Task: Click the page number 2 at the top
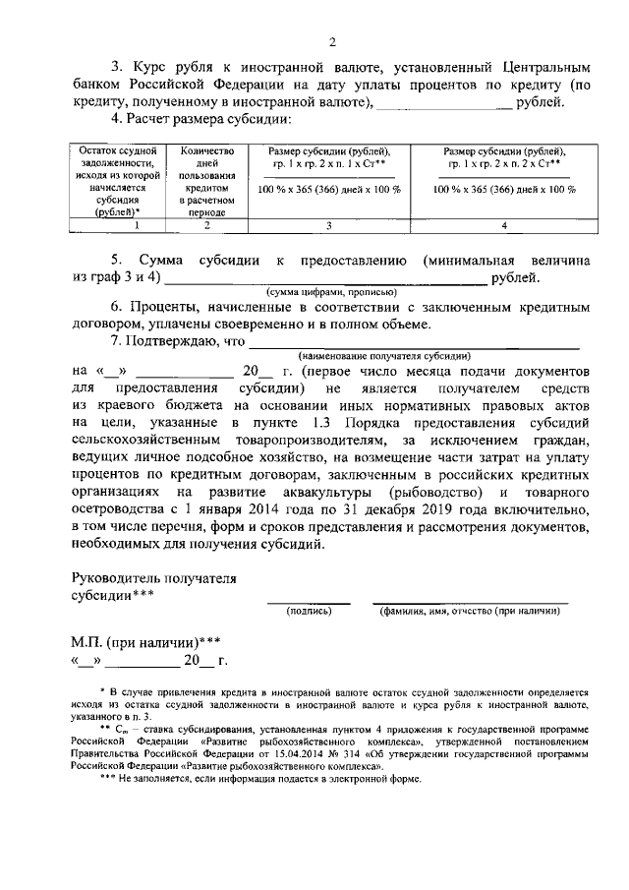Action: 331,42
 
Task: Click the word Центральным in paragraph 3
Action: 537,69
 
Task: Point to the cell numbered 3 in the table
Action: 329,225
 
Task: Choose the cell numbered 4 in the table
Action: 503,225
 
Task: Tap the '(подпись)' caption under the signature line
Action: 309,611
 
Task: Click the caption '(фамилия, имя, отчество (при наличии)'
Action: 470,611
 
